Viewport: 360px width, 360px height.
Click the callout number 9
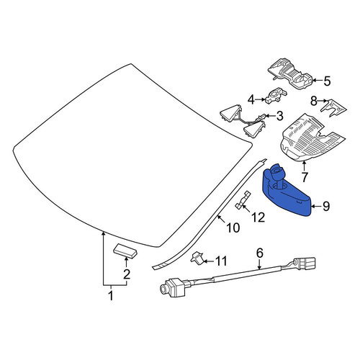point(325,206)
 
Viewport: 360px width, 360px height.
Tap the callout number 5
point(327,81)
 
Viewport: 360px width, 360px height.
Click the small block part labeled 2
point(125,251)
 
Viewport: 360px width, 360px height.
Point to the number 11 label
point(221,261)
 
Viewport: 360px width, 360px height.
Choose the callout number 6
point(260,253)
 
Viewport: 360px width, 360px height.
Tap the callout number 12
point(258,217)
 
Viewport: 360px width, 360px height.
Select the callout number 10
point(233,228)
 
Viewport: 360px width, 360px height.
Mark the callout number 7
point(305,177)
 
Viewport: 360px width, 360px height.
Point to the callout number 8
point(314,101)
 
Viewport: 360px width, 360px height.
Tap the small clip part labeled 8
point(333,107)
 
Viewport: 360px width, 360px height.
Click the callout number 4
point(251,99)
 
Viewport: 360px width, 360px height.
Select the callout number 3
point(280,116)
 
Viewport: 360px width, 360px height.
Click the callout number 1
point(111,295)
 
